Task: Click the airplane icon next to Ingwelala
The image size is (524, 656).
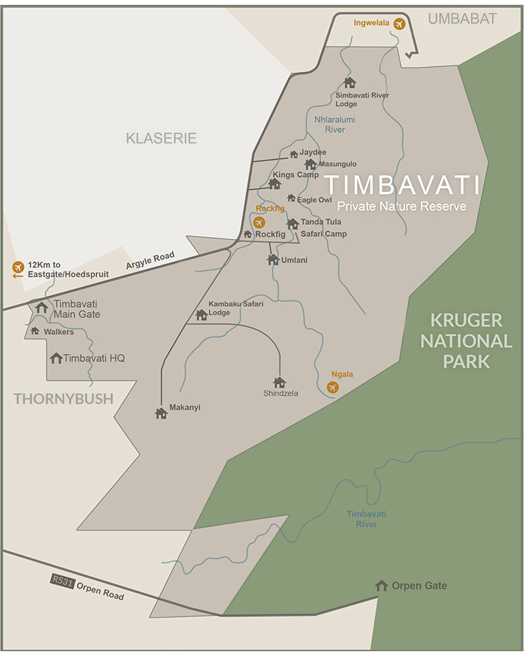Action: coord(399,24)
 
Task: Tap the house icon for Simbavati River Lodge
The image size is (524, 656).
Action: coord(350,83)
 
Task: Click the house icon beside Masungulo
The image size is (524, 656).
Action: coord(310,164)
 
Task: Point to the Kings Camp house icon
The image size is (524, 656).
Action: coord(275,184)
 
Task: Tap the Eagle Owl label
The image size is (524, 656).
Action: coord(314,200)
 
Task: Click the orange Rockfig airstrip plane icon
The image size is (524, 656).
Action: coord(259,222)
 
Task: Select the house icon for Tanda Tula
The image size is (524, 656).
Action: coord(293,223)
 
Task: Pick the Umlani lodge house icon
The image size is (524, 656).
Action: coord(273,260)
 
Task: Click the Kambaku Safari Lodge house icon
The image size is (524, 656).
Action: coord(201,315)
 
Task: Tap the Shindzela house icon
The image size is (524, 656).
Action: coord(279,383)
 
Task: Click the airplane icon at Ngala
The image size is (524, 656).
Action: coord(332,387)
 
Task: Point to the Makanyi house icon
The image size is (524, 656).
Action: coord(161,413)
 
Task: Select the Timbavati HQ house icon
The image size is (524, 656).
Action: coord(56,358)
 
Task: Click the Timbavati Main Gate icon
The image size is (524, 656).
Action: coord(42,307)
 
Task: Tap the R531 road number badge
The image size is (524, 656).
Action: coord(61,580)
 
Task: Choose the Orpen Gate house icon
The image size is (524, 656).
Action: coord(381,586)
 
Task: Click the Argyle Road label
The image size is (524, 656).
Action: coord(150,260)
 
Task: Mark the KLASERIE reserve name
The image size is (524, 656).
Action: coord(161,139)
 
